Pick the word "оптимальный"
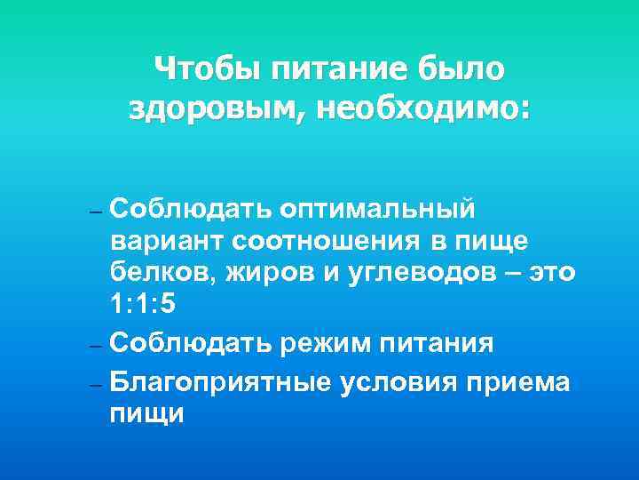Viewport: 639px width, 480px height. point(377,208)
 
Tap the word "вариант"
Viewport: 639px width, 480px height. point(168,241)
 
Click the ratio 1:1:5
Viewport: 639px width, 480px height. point(144,305)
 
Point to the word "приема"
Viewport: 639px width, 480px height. point(526,382)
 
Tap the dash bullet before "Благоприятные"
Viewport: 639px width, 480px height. point(98,383)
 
